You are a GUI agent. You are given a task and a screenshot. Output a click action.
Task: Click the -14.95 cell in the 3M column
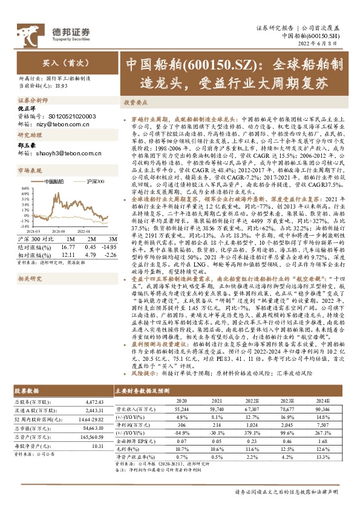pos(108,247)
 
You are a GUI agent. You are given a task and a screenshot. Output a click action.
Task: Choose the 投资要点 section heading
pos(136,102)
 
